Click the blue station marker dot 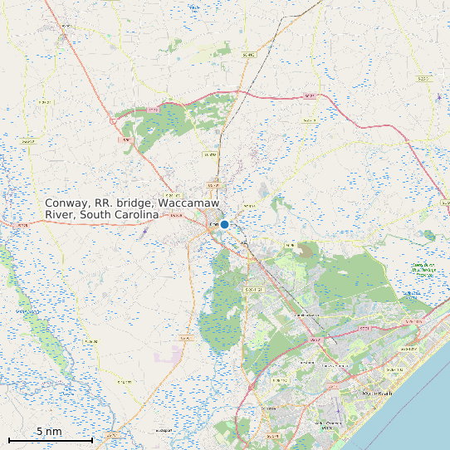(224, 224)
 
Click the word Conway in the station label (65, 203)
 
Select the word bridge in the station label (137, 203)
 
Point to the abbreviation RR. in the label (103, 203)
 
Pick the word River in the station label (59, 214)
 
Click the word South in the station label (97, 214)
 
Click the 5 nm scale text (49, 432)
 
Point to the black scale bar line (50, 439)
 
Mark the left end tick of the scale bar (9, 439)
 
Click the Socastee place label (268, 409)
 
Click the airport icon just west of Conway (145, 233)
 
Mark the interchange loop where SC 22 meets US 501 (112, 120)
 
